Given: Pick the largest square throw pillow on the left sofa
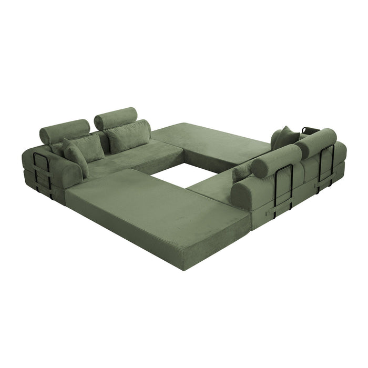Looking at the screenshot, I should click(x=129, y=135).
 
